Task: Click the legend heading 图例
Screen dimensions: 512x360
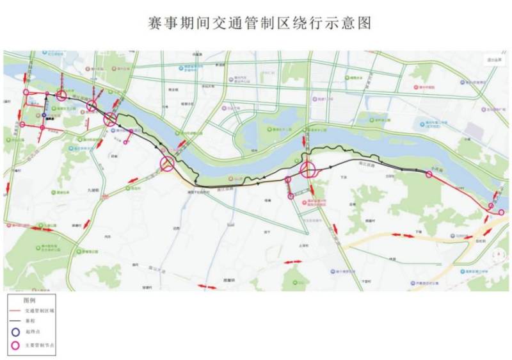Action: click(29, 300)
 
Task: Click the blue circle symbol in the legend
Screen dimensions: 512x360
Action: click(15, 332)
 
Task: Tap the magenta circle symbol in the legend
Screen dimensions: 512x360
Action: click(15, 345)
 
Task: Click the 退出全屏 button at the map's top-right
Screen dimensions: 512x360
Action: click(493, 60)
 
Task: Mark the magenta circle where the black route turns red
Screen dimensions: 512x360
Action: click(428, 174)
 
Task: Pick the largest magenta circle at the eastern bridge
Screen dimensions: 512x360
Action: click(308, 170)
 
